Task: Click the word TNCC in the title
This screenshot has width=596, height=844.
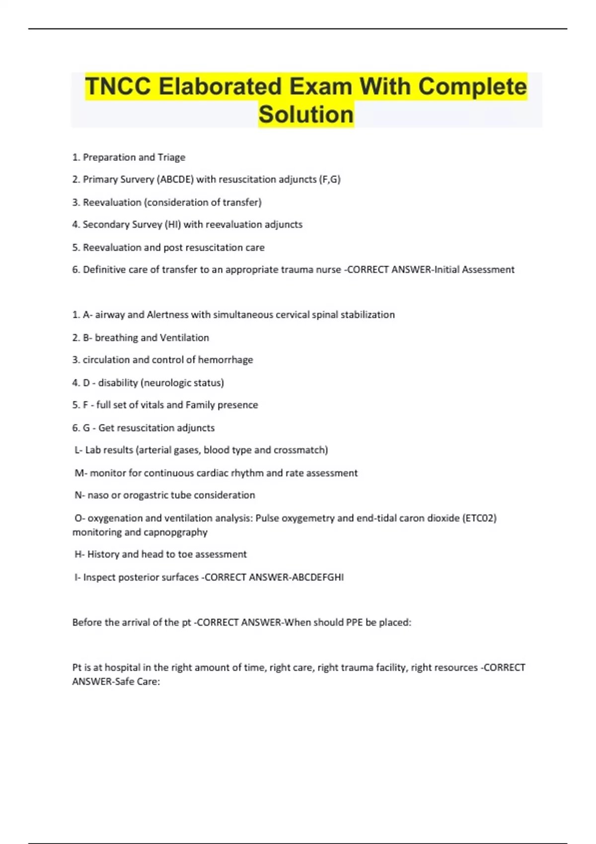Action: [x=118, y=86]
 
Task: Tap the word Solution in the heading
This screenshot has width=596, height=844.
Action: [x=306, y=114]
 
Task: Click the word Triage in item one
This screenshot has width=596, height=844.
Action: [x=171, y=157]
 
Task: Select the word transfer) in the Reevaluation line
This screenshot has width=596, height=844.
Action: [x=242, y=202]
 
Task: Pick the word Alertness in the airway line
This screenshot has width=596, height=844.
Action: [x=167, y=315]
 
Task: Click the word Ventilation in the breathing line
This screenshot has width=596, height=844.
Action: [x=184, y=338]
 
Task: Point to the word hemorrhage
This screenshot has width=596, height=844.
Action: [x=225, y=360]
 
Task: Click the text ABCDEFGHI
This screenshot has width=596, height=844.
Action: [x=318, y=577]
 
